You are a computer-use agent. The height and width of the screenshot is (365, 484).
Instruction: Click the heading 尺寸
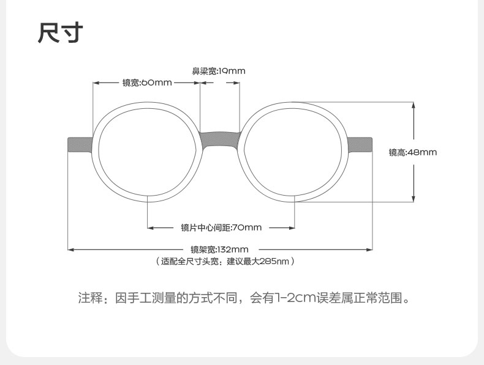[x=61, y=32]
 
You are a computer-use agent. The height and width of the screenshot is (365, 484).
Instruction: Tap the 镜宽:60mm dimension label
[x=147, y=83]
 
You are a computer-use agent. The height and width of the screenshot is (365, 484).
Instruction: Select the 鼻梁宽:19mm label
[x=219, y=71]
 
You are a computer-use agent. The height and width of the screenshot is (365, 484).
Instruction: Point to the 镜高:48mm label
[x=413, y=152]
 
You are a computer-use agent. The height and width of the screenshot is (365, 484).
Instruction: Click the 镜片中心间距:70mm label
[x=221, y=227]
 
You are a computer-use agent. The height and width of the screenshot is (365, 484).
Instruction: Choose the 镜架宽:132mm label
[x=219, y=249]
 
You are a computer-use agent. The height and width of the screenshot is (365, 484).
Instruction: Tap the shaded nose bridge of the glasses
[x=220, y=141]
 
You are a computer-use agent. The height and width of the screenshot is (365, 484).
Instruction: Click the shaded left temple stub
[x=80, y=145]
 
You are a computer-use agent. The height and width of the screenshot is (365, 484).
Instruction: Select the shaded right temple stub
[x=360, y=145]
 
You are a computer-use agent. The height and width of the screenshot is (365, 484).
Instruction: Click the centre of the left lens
[x=148, y=152]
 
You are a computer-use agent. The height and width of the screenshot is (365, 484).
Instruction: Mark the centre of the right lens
[x=293, y=152]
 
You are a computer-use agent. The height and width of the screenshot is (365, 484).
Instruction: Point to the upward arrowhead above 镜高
[x=414, y=105]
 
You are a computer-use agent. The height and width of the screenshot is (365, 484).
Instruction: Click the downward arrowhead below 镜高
[x=414, y=199]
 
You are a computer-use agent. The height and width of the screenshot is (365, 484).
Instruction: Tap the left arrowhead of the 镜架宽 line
[x=71, y=249]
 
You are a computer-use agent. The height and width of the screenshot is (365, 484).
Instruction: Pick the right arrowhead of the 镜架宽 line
[x=369, y=249]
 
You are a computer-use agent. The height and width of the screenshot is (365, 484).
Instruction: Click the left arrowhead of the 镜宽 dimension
[x=96, y=83]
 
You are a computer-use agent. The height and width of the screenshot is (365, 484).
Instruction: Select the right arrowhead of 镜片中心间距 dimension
[x=292, y=228]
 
